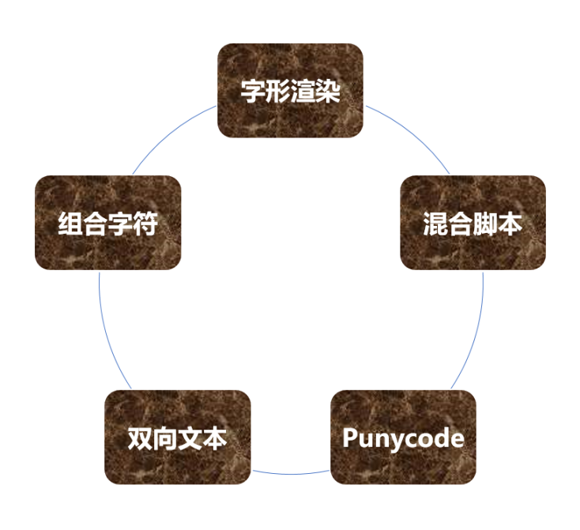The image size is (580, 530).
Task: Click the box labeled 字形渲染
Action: [x=290, y=91]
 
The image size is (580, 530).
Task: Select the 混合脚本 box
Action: [x=473, y=223]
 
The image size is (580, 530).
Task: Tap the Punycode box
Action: [x=403, y=437]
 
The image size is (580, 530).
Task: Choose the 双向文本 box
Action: [x=178, y=437]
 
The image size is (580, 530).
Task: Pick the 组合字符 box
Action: [x=108, y=223]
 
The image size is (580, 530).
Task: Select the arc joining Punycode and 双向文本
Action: [x=290, y=474]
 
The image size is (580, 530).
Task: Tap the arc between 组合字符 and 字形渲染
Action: [x=169, y=134]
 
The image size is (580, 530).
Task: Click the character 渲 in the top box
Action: [x=303, y=91]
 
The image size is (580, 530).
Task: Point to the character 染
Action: [x=328, y=91]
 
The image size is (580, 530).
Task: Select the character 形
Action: [x=278, y=91]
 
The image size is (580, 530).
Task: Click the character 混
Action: [x=435, y=224]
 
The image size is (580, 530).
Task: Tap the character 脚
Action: [x=485, y=224]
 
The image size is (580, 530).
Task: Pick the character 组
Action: [x=70, y=224]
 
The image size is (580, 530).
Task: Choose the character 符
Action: [x=145, y=224]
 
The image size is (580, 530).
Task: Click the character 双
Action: [x=140, y=438]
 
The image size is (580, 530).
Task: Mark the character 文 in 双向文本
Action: [x=190, y=438]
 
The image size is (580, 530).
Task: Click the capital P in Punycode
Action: [x=349, y=438]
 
